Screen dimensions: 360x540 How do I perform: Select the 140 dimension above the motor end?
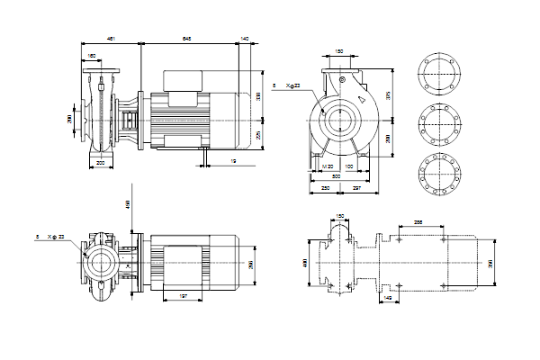coord(245,39)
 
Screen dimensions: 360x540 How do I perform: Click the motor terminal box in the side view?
coord(184,80)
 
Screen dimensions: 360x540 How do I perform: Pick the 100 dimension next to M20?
coord(346,167)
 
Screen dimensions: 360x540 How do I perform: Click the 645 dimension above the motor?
coord(186,39)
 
